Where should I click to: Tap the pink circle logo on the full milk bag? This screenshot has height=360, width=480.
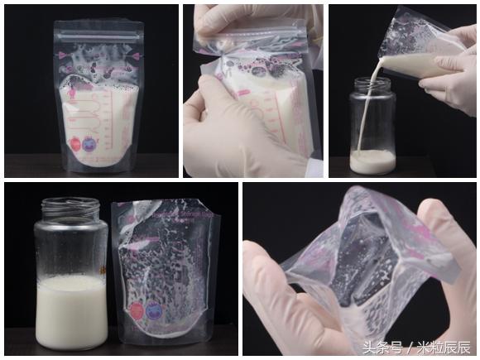(x=76, y=142)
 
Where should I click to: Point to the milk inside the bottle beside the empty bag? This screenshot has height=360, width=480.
(x=71, y=310)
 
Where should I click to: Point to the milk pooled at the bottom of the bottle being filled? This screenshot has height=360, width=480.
(x=372, y=161)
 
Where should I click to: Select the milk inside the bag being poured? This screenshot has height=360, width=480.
(x=422, y=62)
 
